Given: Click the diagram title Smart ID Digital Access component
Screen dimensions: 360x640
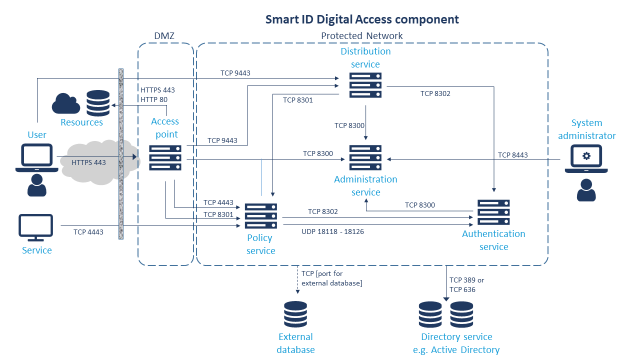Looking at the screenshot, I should coord(361,19).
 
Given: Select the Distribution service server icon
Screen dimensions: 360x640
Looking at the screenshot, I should coord(365,85).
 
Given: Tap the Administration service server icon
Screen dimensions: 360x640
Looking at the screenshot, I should coord(365,158).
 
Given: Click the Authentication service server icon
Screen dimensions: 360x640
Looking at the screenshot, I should coord(493,212).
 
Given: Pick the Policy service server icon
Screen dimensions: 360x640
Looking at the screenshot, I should coord(260,216).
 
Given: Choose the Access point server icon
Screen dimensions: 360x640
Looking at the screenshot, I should coord(165,158).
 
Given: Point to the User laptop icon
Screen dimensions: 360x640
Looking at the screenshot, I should coord(33,158).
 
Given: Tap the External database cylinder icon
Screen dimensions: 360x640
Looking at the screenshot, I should coord(295,314).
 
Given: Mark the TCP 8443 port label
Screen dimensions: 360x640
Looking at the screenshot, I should coord(512,155).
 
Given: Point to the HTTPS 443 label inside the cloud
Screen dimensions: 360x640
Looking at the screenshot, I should coord(88,162).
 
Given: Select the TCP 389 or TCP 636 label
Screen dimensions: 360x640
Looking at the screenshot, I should coord(466,285).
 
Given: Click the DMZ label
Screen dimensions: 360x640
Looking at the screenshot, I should coord(165,35).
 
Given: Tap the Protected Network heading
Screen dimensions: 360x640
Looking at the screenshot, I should coord(361,35).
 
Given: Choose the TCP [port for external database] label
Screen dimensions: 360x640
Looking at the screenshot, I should coord(331,278).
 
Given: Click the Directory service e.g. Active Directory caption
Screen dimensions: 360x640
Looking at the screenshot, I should coord(456,343).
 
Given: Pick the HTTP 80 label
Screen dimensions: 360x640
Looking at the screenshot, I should coord(154,99).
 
